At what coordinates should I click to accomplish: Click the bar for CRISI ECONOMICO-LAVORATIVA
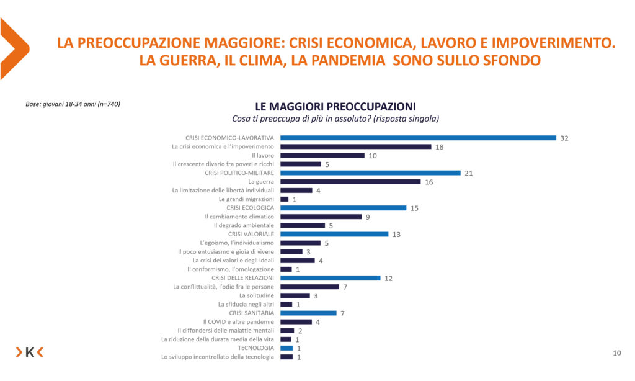418,138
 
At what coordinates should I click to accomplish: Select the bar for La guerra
350,182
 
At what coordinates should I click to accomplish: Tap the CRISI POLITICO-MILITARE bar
370,173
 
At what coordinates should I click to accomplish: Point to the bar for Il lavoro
322,155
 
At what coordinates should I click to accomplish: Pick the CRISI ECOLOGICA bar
343,208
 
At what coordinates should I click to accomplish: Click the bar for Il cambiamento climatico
321,217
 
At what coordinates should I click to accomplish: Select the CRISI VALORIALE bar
334,234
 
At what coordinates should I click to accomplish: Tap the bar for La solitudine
295,295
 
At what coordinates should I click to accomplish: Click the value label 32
564,138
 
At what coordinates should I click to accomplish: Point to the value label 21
469,173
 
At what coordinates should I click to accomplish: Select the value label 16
429,182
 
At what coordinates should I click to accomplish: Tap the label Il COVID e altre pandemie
238,322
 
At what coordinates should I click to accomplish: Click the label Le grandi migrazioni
246,199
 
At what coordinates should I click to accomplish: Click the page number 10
616,353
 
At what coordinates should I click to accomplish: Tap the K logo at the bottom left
30,352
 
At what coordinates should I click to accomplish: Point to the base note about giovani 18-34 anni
73,104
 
